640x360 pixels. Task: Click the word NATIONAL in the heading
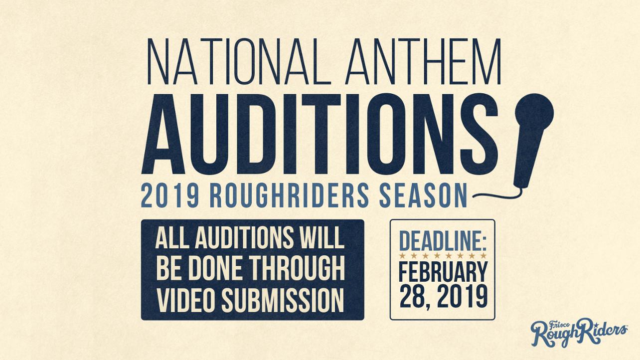click(236, 61)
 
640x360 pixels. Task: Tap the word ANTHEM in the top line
click(423, 61)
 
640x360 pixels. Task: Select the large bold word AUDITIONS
click(320, 134)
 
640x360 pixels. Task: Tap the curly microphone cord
click(497, 194)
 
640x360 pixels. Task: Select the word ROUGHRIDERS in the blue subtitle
click(289, 196)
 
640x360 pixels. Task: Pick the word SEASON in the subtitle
click(423, 196)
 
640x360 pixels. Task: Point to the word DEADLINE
click(443, 242)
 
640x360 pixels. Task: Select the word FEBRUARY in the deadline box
click(443, 271)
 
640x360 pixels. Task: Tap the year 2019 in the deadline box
click(462, 297)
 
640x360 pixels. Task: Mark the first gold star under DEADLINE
click(402, 255)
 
